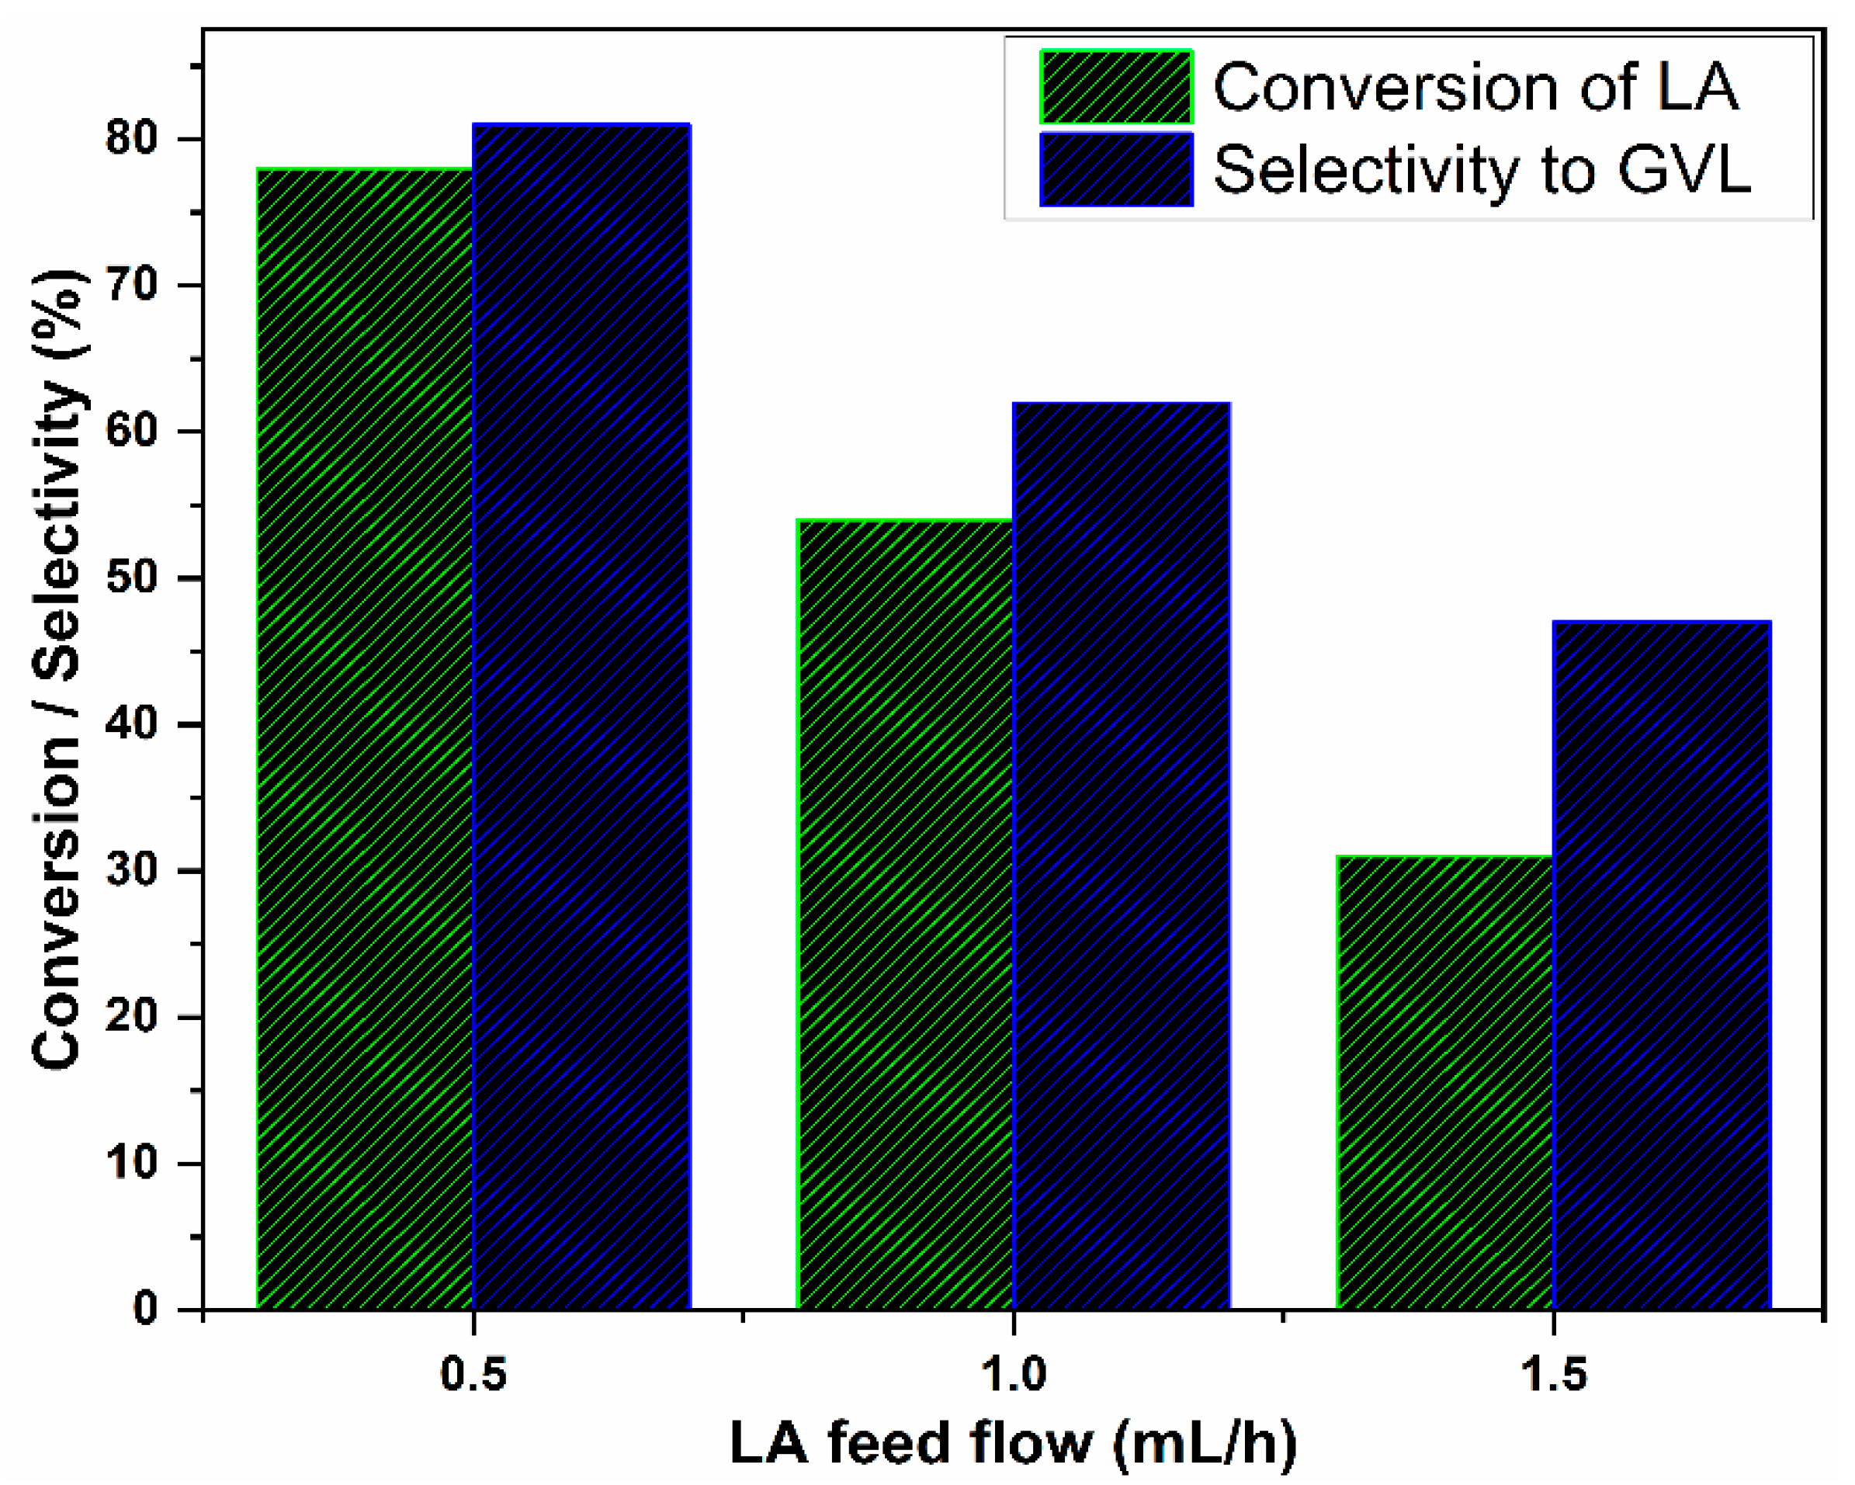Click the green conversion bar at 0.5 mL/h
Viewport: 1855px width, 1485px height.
pos(365,740)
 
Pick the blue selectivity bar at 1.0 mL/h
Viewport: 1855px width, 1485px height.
pos(1121,856)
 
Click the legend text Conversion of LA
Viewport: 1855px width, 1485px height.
pos(1475,88)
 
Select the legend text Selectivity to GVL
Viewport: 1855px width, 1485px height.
pos(1482,169)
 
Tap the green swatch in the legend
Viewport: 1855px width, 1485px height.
pos(1116,87)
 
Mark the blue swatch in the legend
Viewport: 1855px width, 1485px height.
pos(1116,169)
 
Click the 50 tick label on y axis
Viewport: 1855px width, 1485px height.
pos(132,578)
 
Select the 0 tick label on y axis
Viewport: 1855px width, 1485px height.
pos(145,1310)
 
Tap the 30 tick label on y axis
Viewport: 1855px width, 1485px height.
pos(132,871)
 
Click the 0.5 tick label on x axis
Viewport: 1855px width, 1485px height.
pos(473,1374)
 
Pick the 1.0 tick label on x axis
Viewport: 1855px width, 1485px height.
pos(1014,1374)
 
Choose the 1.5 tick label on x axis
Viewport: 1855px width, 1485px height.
pos(1553,1374)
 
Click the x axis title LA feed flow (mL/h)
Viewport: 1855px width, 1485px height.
pos(1014,1443)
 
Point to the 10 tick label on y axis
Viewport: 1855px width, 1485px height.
pos(132,1163)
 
